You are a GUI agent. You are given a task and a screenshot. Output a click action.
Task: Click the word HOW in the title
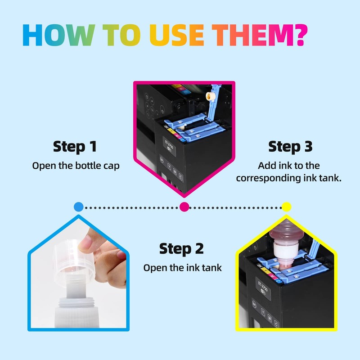pyautogui.click(x=58, y=35)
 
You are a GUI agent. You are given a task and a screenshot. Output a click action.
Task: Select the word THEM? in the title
pyautogui.click(x=260, y=35)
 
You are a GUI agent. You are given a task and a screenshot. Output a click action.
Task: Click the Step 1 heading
pyautogui.click(x=75, y=147)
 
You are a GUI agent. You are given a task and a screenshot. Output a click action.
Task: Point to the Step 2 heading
pyautogui.click(x=181, y=249)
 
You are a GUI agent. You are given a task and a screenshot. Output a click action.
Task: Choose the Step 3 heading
pyautogui.click(x=290, y=147)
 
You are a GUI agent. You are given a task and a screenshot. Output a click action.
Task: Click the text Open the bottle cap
pyautogui.click(x=76, y=166)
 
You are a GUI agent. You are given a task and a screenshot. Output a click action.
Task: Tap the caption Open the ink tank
pyautogui.click(x=183, y=268)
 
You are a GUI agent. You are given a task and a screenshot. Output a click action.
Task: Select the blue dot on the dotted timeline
pyautogui.click(x=78, y=207)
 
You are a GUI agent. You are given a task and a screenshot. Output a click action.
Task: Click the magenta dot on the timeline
pyautogui.click(x=184, y=207)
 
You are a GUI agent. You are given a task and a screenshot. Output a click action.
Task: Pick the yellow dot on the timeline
pyautogui.click(x=287, y=207)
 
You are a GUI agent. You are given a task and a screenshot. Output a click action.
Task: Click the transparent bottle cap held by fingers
pyautogui.click(x=74, y=260)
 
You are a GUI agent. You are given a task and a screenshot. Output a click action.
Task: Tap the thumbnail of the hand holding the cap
pyautogui.click(x=78, y=273)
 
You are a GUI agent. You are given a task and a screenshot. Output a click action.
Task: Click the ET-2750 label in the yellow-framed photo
pyautogui.click(x=263, y=287)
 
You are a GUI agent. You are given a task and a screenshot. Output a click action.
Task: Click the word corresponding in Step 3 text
pyautogui.click(x=268, y=178)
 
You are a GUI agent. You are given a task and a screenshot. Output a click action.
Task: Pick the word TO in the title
pyautogui.click(x=121, y=35)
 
